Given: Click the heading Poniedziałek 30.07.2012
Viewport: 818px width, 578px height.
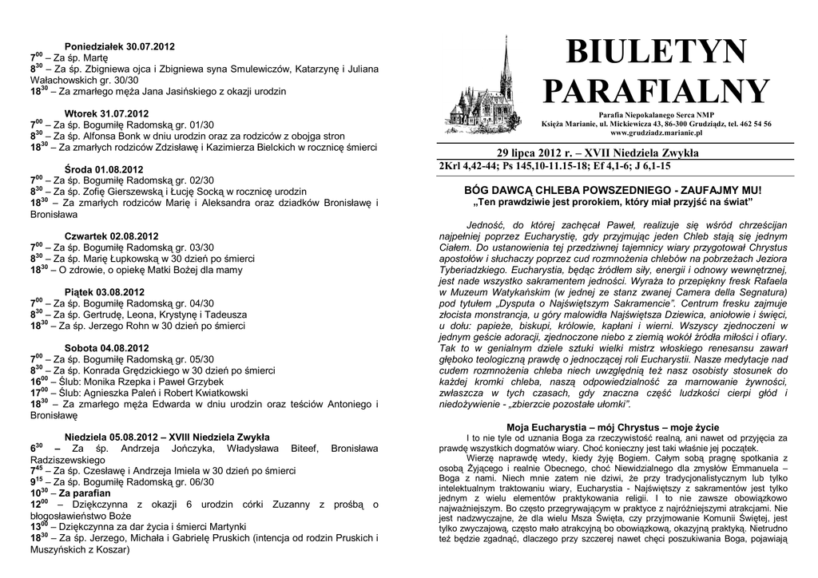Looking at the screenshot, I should click(119, 47).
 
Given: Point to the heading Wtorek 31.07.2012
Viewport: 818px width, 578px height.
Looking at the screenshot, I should click(106, 114).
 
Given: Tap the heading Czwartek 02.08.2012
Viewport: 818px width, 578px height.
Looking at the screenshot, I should click(111, 236).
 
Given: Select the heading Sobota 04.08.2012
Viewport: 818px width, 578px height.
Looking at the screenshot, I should click(106, 348).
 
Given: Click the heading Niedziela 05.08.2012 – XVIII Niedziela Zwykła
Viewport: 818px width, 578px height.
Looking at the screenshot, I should click(166, 437).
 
